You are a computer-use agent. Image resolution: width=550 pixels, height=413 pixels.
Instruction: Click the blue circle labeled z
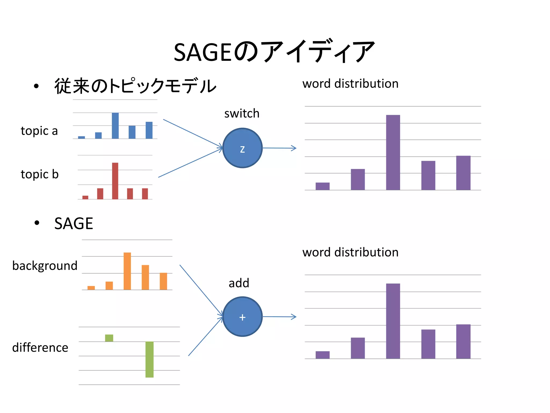[242, 148]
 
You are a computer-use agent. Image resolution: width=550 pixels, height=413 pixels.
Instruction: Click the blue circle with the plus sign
[242, 317]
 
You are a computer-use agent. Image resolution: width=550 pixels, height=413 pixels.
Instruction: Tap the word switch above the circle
[242, 113]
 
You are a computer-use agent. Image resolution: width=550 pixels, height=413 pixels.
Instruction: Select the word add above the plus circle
[239, 283]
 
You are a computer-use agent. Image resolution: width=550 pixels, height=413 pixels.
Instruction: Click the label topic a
[39, 131]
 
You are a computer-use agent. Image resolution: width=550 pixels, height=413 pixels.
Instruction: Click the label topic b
[39, 174]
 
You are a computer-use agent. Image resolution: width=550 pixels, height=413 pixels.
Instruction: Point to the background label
[45, 266]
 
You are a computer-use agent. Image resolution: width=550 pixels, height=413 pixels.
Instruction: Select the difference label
[40, 348]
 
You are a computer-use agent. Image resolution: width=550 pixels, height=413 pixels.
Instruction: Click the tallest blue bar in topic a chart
[115, 126]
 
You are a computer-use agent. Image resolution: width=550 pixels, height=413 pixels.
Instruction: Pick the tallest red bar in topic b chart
[115, 181]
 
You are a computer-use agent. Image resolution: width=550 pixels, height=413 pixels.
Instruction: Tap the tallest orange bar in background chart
[127, 271]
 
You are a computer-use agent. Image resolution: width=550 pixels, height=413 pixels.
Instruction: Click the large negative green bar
[149, 359]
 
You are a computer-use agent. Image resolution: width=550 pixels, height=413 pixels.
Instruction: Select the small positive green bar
[109, 338]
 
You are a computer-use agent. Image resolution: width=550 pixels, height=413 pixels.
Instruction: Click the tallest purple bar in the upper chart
[393, 152]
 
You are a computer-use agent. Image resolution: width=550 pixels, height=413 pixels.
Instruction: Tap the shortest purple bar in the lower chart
[322, 355]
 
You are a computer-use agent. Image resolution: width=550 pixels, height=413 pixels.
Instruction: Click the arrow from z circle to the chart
[279, 148]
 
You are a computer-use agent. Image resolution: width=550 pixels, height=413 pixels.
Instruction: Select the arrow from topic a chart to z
[193, 134]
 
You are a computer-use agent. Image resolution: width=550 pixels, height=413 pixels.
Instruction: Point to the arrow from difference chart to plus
[205, 337]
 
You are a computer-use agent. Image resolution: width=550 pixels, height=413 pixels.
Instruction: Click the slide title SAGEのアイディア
[274, 52]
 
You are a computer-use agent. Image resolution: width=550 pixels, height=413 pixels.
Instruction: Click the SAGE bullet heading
[74, 223]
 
